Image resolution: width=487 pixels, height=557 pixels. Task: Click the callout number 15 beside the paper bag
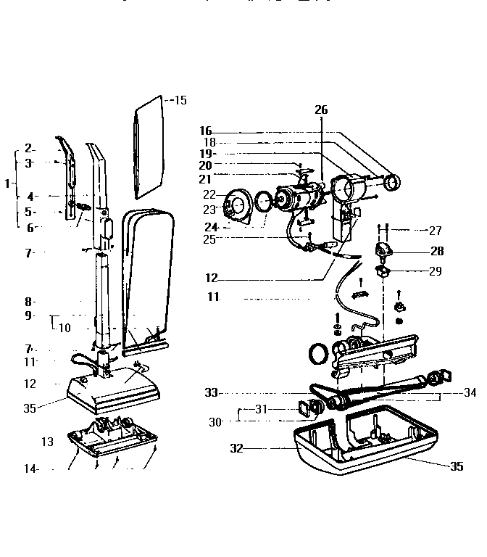(180, 100)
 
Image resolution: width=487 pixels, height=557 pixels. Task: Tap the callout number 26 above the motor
(320, 110)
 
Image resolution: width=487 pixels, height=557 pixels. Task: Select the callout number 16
(205, 131)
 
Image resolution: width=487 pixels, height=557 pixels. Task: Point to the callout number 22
(209, 194)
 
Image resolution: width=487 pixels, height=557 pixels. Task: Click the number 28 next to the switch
(436, 251)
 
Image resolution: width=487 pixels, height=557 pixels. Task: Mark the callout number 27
(435, 231)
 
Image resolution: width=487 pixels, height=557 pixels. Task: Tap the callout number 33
(211, 392)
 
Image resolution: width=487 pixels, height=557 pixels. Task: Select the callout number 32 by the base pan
(236, 449)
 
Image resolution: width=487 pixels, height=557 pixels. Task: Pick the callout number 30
(215, 421)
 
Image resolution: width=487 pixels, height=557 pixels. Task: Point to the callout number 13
(47, 442)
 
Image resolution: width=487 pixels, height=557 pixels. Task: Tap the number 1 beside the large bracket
(7, 183)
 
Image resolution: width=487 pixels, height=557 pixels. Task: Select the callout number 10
(65, 327)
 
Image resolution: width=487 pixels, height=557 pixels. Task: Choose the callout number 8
(29, 301)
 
